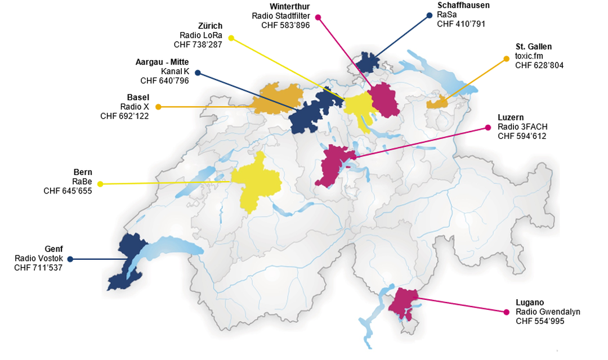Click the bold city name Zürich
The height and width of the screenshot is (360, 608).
[210, 26]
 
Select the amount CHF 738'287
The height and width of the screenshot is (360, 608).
[198, 44]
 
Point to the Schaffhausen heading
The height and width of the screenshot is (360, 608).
[463, 6]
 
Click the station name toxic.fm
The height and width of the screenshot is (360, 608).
[530, 56]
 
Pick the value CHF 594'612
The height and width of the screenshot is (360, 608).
[522, 136]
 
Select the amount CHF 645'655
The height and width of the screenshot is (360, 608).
[68, 191]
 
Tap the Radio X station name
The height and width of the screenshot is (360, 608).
[135, 106]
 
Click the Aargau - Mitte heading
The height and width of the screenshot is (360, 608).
[162, 62]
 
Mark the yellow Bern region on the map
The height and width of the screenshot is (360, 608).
[257, 181]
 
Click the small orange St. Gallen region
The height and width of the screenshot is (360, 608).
[437, 102]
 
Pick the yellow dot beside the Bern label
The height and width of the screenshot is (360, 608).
[100, 184]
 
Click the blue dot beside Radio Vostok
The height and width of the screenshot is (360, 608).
[70, 259]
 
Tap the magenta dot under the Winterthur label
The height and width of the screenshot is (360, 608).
[318, 17]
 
